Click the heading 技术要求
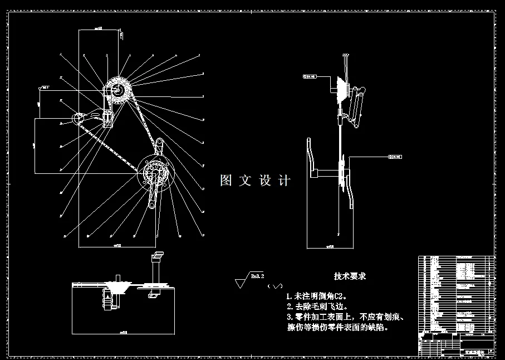tap(350, 276)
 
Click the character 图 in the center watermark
tap(225, 181)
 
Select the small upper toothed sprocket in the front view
tap(119, 88)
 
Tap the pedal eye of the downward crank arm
tap(151, 205)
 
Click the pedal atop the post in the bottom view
tap(157, 255)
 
